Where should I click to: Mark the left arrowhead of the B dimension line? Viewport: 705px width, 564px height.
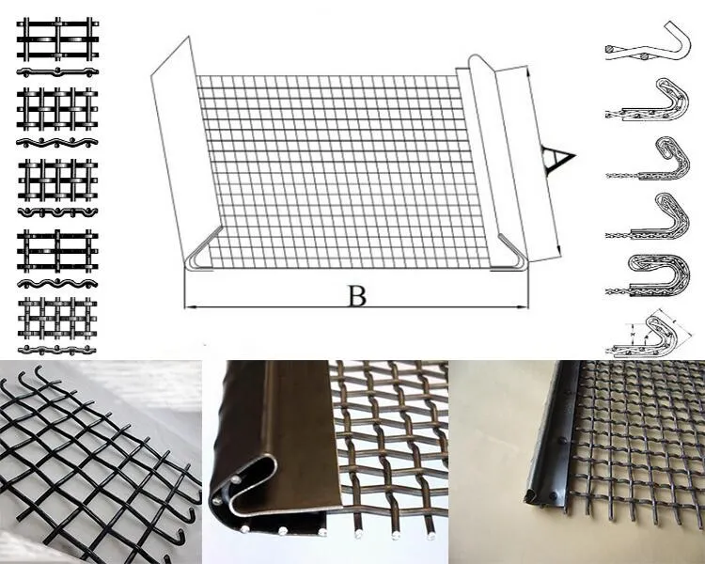(x=187, y=306)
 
